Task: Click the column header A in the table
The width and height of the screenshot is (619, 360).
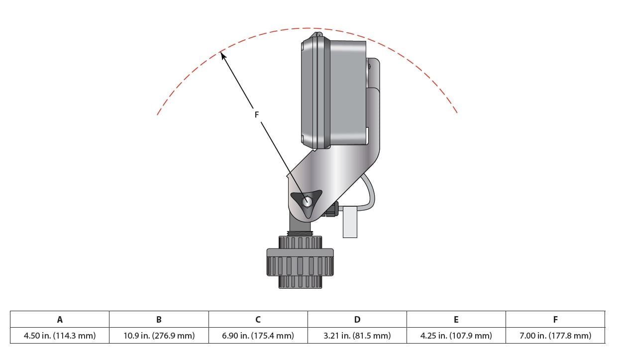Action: click(x=60, y=319)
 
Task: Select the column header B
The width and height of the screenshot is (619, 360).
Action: click(x=159, y=319)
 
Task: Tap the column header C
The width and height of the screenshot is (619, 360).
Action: click(x=258, y=319)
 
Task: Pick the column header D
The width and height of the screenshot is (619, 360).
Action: click(x=357, y=319)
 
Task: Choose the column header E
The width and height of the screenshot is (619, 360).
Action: click(x=456, y=319)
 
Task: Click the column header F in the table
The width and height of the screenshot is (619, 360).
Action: click(x=555, y=319)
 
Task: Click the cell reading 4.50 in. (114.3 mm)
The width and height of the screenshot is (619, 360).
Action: click(x=60, y=336)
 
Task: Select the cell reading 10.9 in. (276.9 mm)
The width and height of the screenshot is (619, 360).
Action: click(x=159, y=336)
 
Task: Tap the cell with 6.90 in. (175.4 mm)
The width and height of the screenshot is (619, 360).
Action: click(x=258, y=336)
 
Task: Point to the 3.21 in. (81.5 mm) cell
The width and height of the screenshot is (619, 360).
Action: click(x=357, y=336)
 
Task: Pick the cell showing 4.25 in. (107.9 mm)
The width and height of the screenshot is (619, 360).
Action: click(x=456, y=336)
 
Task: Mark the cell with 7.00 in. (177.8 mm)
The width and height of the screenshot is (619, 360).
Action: click(x=555, y=336)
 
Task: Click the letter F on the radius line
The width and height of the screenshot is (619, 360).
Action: click(x=257, y=115)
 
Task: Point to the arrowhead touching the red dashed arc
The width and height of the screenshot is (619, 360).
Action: click(x=223, y=56)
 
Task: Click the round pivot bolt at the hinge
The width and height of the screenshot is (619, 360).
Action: click(x=307, y=202)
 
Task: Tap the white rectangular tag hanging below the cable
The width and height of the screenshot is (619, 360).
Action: click(x=350, y=222)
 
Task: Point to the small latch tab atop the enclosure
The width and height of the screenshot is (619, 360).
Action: click(x=318, y=34)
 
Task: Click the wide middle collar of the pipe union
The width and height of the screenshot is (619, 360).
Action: click(x=300, y=262)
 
